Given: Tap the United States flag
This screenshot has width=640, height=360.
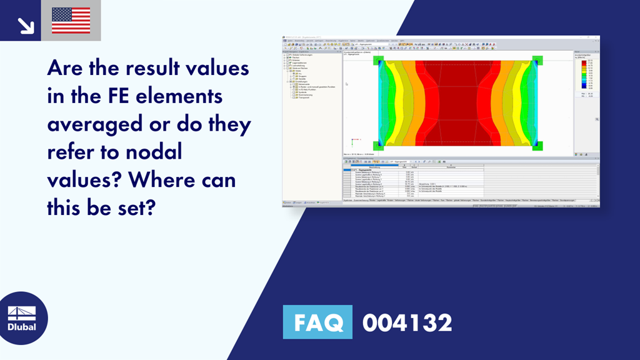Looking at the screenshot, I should tap(71, 21).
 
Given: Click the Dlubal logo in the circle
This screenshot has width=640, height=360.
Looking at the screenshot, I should tap(22, 318).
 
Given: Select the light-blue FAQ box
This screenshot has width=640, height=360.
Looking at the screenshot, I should tap(317, 323).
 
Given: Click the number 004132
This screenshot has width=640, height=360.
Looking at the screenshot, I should tap(407, 323).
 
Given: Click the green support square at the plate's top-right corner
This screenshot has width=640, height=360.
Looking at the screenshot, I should tap(537, 61).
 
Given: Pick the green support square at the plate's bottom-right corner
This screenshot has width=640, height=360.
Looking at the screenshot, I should tap(537, 146).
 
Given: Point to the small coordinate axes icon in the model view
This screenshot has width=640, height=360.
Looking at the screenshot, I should tap(354, 141).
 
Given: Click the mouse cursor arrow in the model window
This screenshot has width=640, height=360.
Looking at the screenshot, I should tap(346, 84).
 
